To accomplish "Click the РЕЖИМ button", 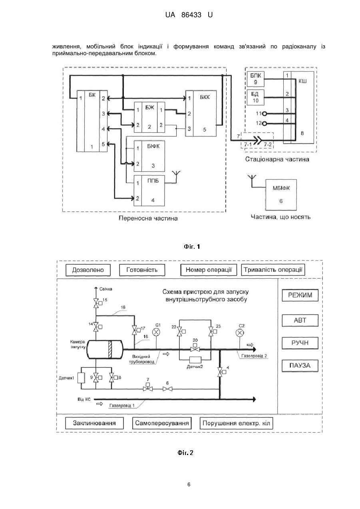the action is tap(300, 295).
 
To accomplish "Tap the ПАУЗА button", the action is tap(300, 365).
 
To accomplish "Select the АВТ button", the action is tap(300, 320).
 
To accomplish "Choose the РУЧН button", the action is tap(300, 343).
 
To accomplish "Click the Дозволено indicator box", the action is tap(88, 270).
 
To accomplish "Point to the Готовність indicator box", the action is tap(142, 270).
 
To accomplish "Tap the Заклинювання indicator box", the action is tap(94, 423).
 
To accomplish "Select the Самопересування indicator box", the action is tap(162, 423).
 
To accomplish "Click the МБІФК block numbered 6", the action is tap(281, 195).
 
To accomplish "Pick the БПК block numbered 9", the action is tap(256, 79).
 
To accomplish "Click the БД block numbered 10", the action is tap(256, 97).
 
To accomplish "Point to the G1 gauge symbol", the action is tap(156, 332).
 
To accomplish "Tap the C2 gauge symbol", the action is tap(240, 333).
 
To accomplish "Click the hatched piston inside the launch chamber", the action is tap(110, 349).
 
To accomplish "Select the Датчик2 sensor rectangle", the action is tap(195, 360).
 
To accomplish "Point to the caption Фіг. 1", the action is tap(192, 247).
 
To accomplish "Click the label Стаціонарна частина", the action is tap(277, 159).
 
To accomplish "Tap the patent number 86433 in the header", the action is tap(191, 15).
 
